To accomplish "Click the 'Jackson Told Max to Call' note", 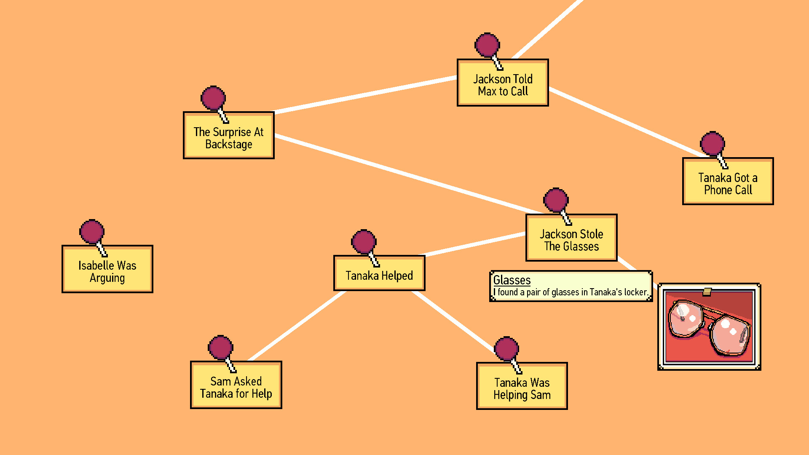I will pos(503,85).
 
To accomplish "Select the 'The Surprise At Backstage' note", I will pos(228,138).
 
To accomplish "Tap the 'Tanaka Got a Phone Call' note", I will pos(728,184).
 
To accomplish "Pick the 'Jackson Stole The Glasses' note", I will pos(571,240).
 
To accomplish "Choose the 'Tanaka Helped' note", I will pos(379,275).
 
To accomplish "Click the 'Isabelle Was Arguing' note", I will pos(107,271).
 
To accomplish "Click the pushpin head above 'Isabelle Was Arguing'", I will pos(92,232).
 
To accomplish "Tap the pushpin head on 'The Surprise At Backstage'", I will pos(213,98).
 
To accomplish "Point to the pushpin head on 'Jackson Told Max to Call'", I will pos(487,45).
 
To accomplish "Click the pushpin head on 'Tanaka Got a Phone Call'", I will pos(712,143).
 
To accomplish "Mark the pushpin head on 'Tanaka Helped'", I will pos(364,242).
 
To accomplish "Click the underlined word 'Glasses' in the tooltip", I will pos(512,280).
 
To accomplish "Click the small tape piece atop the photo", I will pos(707,291).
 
